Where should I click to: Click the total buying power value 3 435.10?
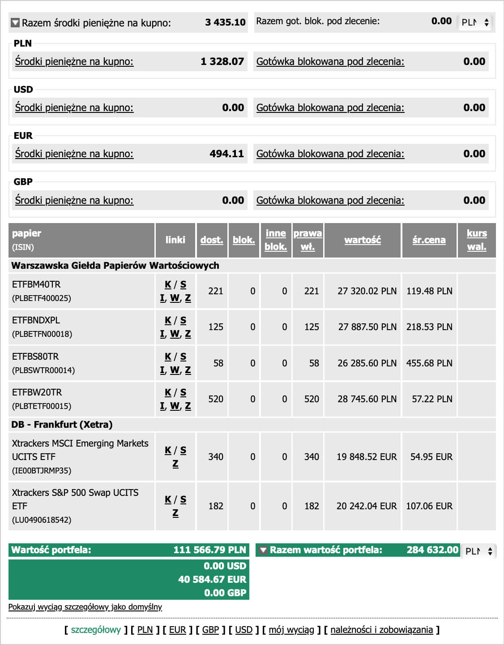point(225,22)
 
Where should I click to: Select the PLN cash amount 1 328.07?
point(222,61)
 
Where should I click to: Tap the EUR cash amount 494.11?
point(226,154)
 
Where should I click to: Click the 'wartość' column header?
point(363,240)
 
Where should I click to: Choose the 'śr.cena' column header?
point(429,240)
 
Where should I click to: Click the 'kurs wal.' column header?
point(477,240)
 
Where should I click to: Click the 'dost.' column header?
point(212,240)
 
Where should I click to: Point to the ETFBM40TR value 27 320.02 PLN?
point(367,291)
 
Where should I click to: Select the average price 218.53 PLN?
point(429,327)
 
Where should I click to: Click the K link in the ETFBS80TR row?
point(168,357)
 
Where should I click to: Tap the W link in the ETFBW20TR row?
point(175,406)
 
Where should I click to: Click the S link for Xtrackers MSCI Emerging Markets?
point(183,450)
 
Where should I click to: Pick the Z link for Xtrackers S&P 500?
point(175,513)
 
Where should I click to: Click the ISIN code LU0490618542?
point(42,520)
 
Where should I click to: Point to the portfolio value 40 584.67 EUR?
point(212,580)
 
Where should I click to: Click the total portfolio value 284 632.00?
point(432,550)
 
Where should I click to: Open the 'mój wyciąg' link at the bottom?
point(291,630)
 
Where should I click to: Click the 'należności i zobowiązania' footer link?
point(382,630)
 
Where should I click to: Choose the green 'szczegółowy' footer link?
point(96,630)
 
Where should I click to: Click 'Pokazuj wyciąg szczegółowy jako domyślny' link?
point(85,607)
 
